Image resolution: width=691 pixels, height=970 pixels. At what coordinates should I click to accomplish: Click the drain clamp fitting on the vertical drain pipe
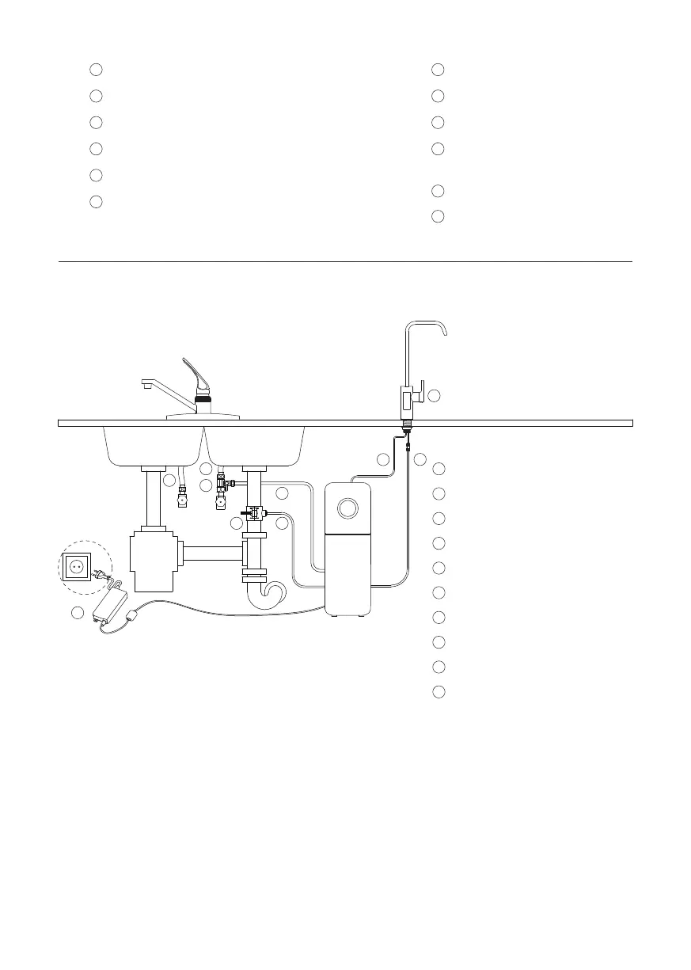pyautogui.click(x=253, y=515)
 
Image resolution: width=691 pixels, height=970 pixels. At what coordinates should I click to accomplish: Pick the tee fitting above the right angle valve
pyautogui.click(x=222, y=482)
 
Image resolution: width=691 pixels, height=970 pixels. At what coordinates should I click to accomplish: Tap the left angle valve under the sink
pyautogui.click(x=183, y=499)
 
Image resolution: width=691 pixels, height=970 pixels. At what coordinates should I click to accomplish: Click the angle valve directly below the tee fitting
pyautogui.click(x=222, y=500)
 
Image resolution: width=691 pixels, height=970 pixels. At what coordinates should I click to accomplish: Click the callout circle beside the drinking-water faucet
pyautogui.click(x=434, y=394)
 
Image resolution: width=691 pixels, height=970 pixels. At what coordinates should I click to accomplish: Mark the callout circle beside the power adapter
pyautogui.click(x=78, y=613)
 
